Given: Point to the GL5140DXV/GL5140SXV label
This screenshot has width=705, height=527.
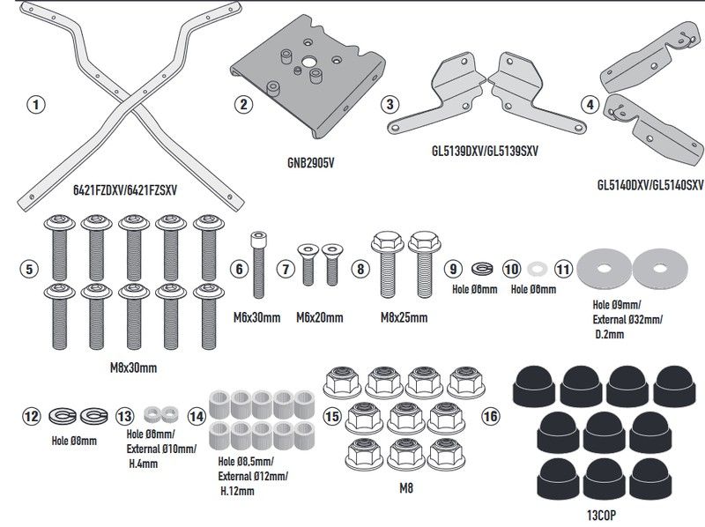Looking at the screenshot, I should coord(649,185).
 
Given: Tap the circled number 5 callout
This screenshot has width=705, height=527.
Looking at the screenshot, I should coord(30,267).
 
